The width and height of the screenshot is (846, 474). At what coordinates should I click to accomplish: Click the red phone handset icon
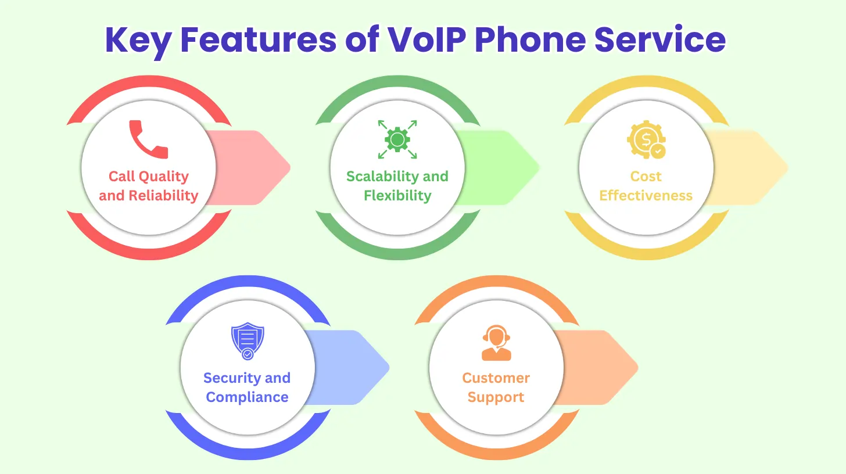click(x=148, y=139)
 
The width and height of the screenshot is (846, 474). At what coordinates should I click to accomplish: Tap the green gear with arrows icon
click(x=397, y=139)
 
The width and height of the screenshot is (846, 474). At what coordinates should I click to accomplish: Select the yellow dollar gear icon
click(x=646, y=139)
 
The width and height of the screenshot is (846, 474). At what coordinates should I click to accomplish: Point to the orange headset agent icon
click(x=496, y=343)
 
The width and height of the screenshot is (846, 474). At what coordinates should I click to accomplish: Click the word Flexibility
click(x=397, y=196)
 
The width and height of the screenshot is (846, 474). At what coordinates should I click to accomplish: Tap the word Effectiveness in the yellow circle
click(x=646, y=196)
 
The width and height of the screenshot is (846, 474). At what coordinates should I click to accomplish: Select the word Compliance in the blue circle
click(x=248, y=397)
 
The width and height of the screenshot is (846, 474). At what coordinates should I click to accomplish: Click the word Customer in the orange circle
click(x=496, y=378)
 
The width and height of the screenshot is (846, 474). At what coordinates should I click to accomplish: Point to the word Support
click(x=496, y=397)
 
